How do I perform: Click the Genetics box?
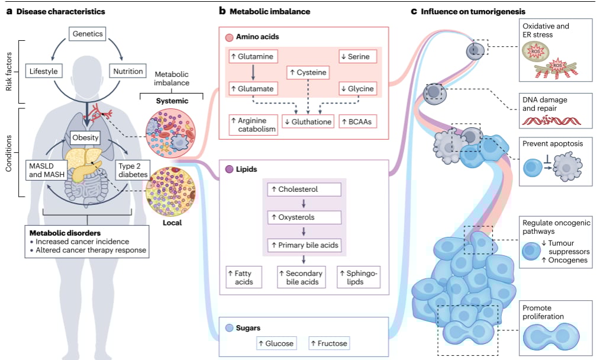tap(88, 34)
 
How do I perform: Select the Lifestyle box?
tap(43, 72)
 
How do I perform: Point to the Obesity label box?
tap(85, 138)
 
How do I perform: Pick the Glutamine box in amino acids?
tap(253, 56)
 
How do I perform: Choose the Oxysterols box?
tap(304, 217)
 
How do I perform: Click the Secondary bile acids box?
tap(304, 278)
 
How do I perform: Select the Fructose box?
tap(328, 343)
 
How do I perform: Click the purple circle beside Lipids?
tap(229, 169)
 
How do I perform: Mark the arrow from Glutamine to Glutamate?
tap(253, 72)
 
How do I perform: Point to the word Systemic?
tap(172, 101)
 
